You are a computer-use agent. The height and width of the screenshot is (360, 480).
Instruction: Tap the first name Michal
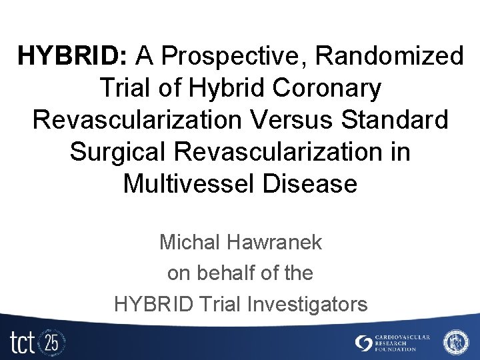click(x=189, y=242)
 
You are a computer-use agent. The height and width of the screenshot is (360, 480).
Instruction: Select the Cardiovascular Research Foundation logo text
click(x=403, y=343)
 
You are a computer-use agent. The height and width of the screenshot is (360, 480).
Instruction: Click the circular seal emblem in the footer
click(x=456, y=341)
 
